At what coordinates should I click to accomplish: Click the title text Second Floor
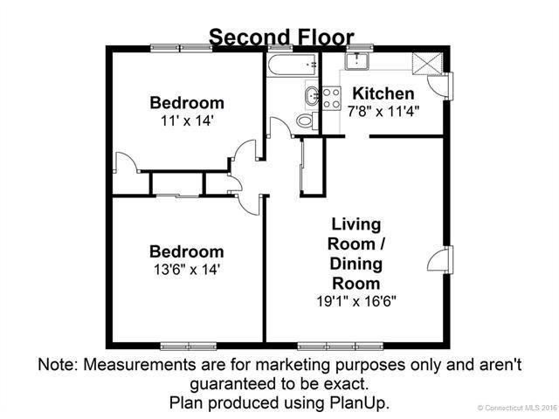click(x=280, y=37)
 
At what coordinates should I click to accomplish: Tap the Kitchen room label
click(x=383, y=93)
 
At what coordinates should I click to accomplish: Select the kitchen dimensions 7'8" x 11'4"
click(x=383, y=111)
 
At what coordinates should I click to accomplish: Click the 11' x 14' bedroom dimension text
click(x=185, y=120)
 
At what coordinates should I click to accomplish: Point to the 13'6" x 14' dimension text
click(x=185, y=270)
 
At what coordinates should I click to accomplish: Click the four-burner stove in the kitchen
click(x=331, y=98)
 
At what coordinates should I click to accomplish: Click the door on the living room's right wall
click(x=444, y=258)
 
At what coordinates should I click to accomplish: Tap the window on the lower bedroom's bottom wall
click(x=187, y=346)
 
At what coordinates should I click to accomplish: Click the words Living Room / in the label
click(x=355, y=232)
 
